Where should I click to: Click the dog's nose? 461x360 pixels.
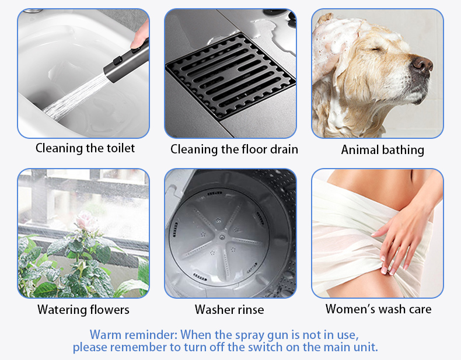click(422, 64)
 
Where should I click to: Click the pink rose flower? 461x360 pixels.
click(86, 221)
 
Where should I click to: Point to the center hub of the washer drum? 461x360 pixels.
click(222, 236)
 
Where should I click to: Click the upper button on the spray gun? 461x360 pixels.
click(136, 50)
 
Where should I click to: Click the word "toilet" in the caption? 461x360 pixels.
click(121, 148)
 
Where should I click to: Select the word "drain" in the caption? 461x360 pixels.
click(284, 149)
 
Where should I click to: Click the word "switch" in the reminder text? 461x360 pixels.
click(265, 347)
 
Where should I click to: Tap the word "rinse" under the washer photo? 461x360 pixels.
click(249, 310)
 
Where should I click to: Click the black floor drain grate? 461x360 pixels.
click(230, 76)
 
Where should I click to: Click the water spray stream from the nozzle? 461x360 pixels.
click(77, 96)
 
